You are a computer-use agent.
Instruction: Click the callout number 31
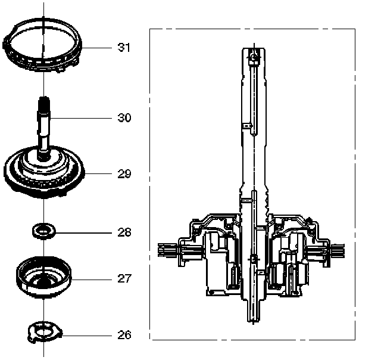click(123, 48)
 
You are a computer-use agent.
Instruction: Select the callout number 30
click(124, 117)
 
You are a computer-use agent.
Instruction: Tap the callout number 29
click(124, 174)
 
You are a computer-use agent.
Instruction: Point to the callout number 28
click(124, 232)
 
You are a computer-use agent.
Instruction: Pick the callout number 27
click(124, 278)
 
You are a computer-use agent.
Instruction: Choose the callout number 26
click(124, 334)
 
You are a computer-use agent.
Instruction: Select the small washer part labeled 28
click(43, 229)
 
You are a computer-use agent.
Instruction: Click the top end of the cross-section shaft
click(254, 51)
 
